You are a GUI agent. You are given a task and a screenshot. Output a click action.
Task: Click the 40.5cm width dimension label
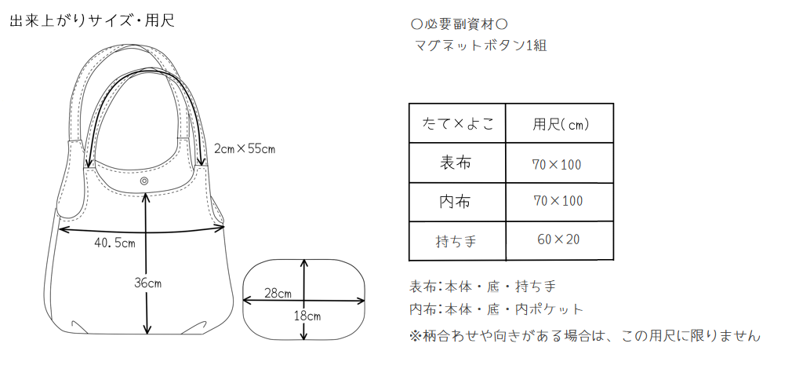pyautogui.click(x=114, y=243)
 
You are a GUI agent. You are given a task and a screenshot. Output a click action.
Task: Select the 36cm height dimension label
pyautogui.click(x=147, y=283)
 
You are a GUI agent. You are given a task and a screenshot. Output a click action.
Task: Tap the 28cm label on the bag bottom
pyautogui.click(x=278, y=293)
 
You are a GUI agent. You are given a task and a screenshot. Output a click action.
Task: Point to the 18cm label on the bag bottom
pyautogui.click(x=307, y=317)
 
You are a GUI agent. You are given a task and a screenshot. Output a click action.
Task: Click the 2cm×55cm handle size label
pyautogui.click(x=245, y=148)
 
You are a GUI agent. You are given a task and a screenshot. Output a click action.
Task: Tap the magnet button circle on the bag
pyautogui.click(x=145, y=181)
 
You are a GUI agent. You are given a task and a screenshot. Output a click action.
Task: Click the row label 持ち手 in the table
pyautogui.click(x=456, y=241)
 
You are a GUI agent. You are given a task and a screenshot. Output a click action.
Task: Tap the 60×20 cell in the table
pyautogui.click(x=558, y=239)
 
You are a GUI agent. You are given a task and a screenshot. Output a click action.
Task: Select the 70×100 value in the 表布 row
pyautogui.click(x=557, y=164)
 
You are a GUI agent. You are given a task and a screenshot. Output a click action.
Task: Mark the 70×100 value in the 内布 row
pyautogui.click(x=558, y=201)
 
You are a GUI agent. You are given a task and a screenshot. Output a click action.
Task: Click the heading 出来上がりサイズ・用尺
pyautogui.click(x=92, y=21)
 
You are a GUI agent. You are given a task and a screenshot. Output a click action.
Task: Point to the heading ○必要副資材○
pyautogui.click(x=460, y=24)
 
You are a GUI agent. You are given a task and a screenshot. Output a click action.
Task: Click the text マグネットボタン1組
pyautogui.click(x=481, y=46)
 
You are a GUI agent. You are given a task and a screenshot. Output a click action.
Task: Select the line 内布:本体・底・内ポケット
pyautogui.click(x=496, y=309)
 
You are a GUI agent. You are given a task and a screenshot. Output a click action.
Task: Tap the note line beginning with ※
pyautogui.click(x=584, y=335)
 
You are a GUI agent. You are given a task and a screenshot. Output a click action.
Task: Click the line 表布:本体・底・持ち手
pyautogui.click(x=482, y=287)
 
